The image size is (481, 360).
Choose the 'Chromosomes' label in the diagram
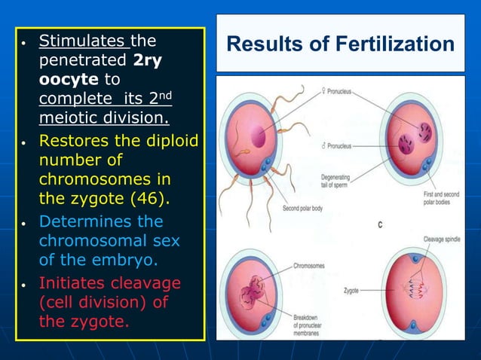309,266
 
